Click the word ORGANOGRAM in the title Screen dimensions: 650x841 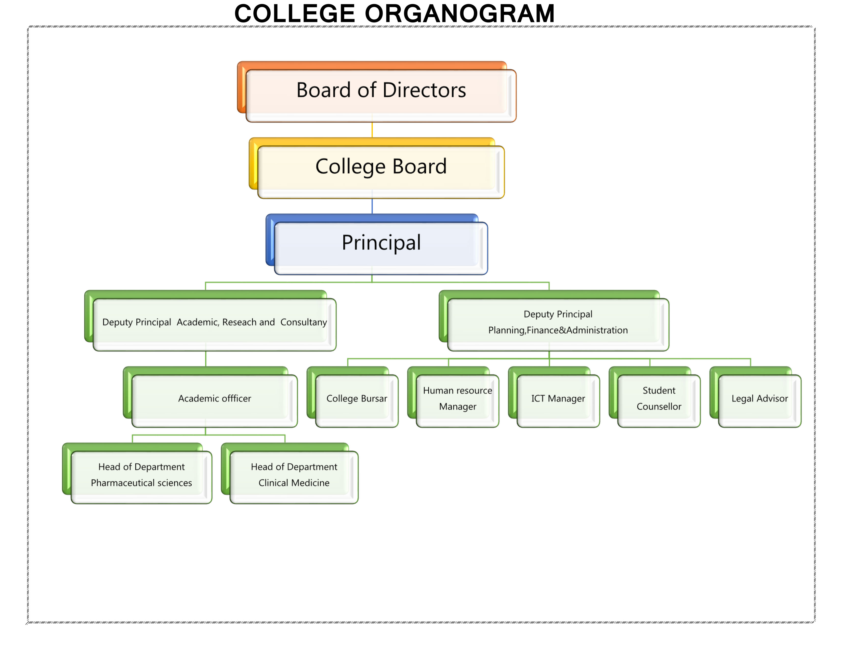[459, 14]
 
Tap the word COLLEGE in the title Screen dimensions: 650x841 [295, 14]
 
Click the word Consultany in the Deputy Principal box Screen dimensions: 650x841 [304, 322]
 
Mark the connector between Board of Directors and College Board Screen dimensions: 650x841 [372, 130]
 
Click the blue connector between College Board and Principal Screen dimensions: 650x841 [372, 206]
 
